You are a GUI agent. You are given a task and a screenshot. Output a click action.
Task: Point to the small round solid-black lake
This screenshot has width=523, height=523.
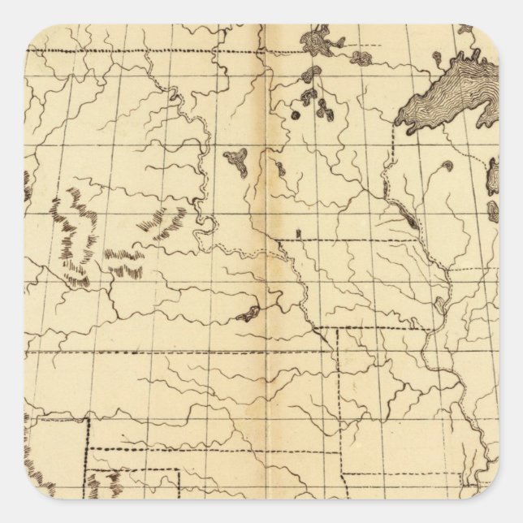click(295, 115)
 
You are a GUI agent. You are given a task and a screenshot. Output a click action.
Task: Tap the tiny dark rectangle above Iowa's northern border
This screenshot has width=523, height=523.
click(298, 234)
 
